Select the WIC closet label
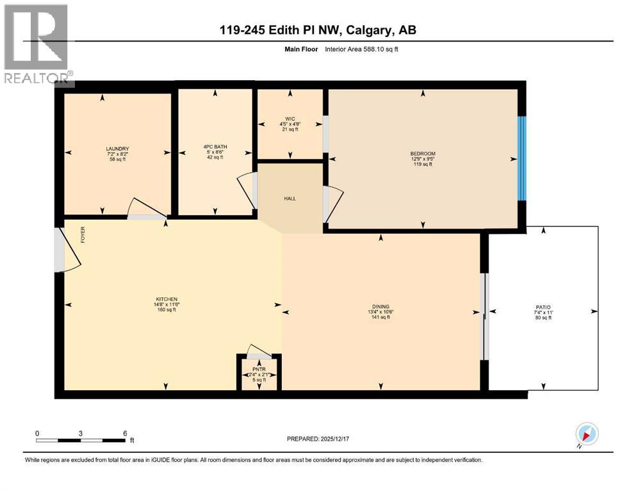pos(290,118)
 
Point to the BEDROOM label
pos(423,153)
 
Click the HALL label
pos(290,199)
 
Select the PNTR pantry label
pos(259,369)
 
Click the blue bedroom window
pos(522,158)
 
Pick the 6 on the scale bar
pos(124,432)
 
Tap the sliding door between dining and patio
pos(485,316)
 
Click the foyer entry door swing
pos(67,249)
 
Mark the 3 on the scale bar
pos(81,432)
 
